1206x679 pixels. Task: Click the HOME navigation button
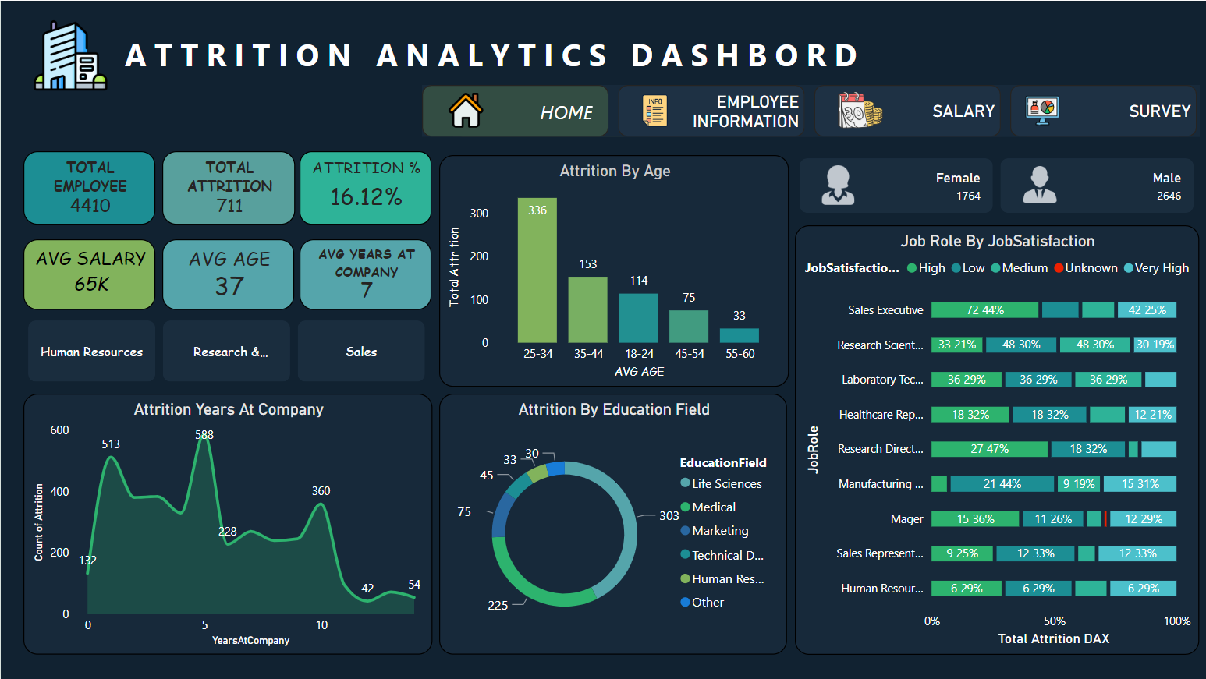(515, 111)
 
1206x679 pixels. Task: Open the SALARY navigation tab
(907, 111)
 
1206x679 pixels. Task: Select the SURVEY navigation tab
(1103, 111)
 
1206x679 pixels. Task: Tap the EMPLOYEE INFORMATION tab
(711, 111)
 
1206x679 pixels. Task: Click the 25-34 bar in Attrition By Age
(537, 273)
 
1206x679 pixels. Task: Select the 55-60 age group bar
(739, 335)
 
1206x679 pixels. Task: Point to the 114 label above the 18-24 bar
(639, 281)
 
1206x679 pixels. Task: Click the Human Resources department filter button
(91, 352)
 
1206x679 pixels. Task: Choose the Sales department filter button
(361, 352)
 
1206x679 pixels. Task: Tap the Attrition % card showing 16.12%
(366, 188)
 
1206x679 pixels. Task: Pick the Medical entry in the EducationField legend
(713, 507)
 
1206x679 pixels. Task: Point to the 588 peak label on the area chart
(204, 435)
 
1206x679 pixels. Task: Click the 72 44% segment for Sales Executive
(984, 310)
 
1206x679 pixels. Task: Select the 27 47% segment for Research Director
(989, 449)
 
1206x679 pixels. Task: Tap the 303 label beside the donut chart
(669, 516)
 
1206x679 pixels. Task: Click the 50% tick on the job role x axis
(1055, 621)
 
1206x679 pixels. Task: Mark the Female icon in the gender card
(838, 186)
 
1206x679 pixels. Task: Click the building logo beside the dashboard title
(70, 56)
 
